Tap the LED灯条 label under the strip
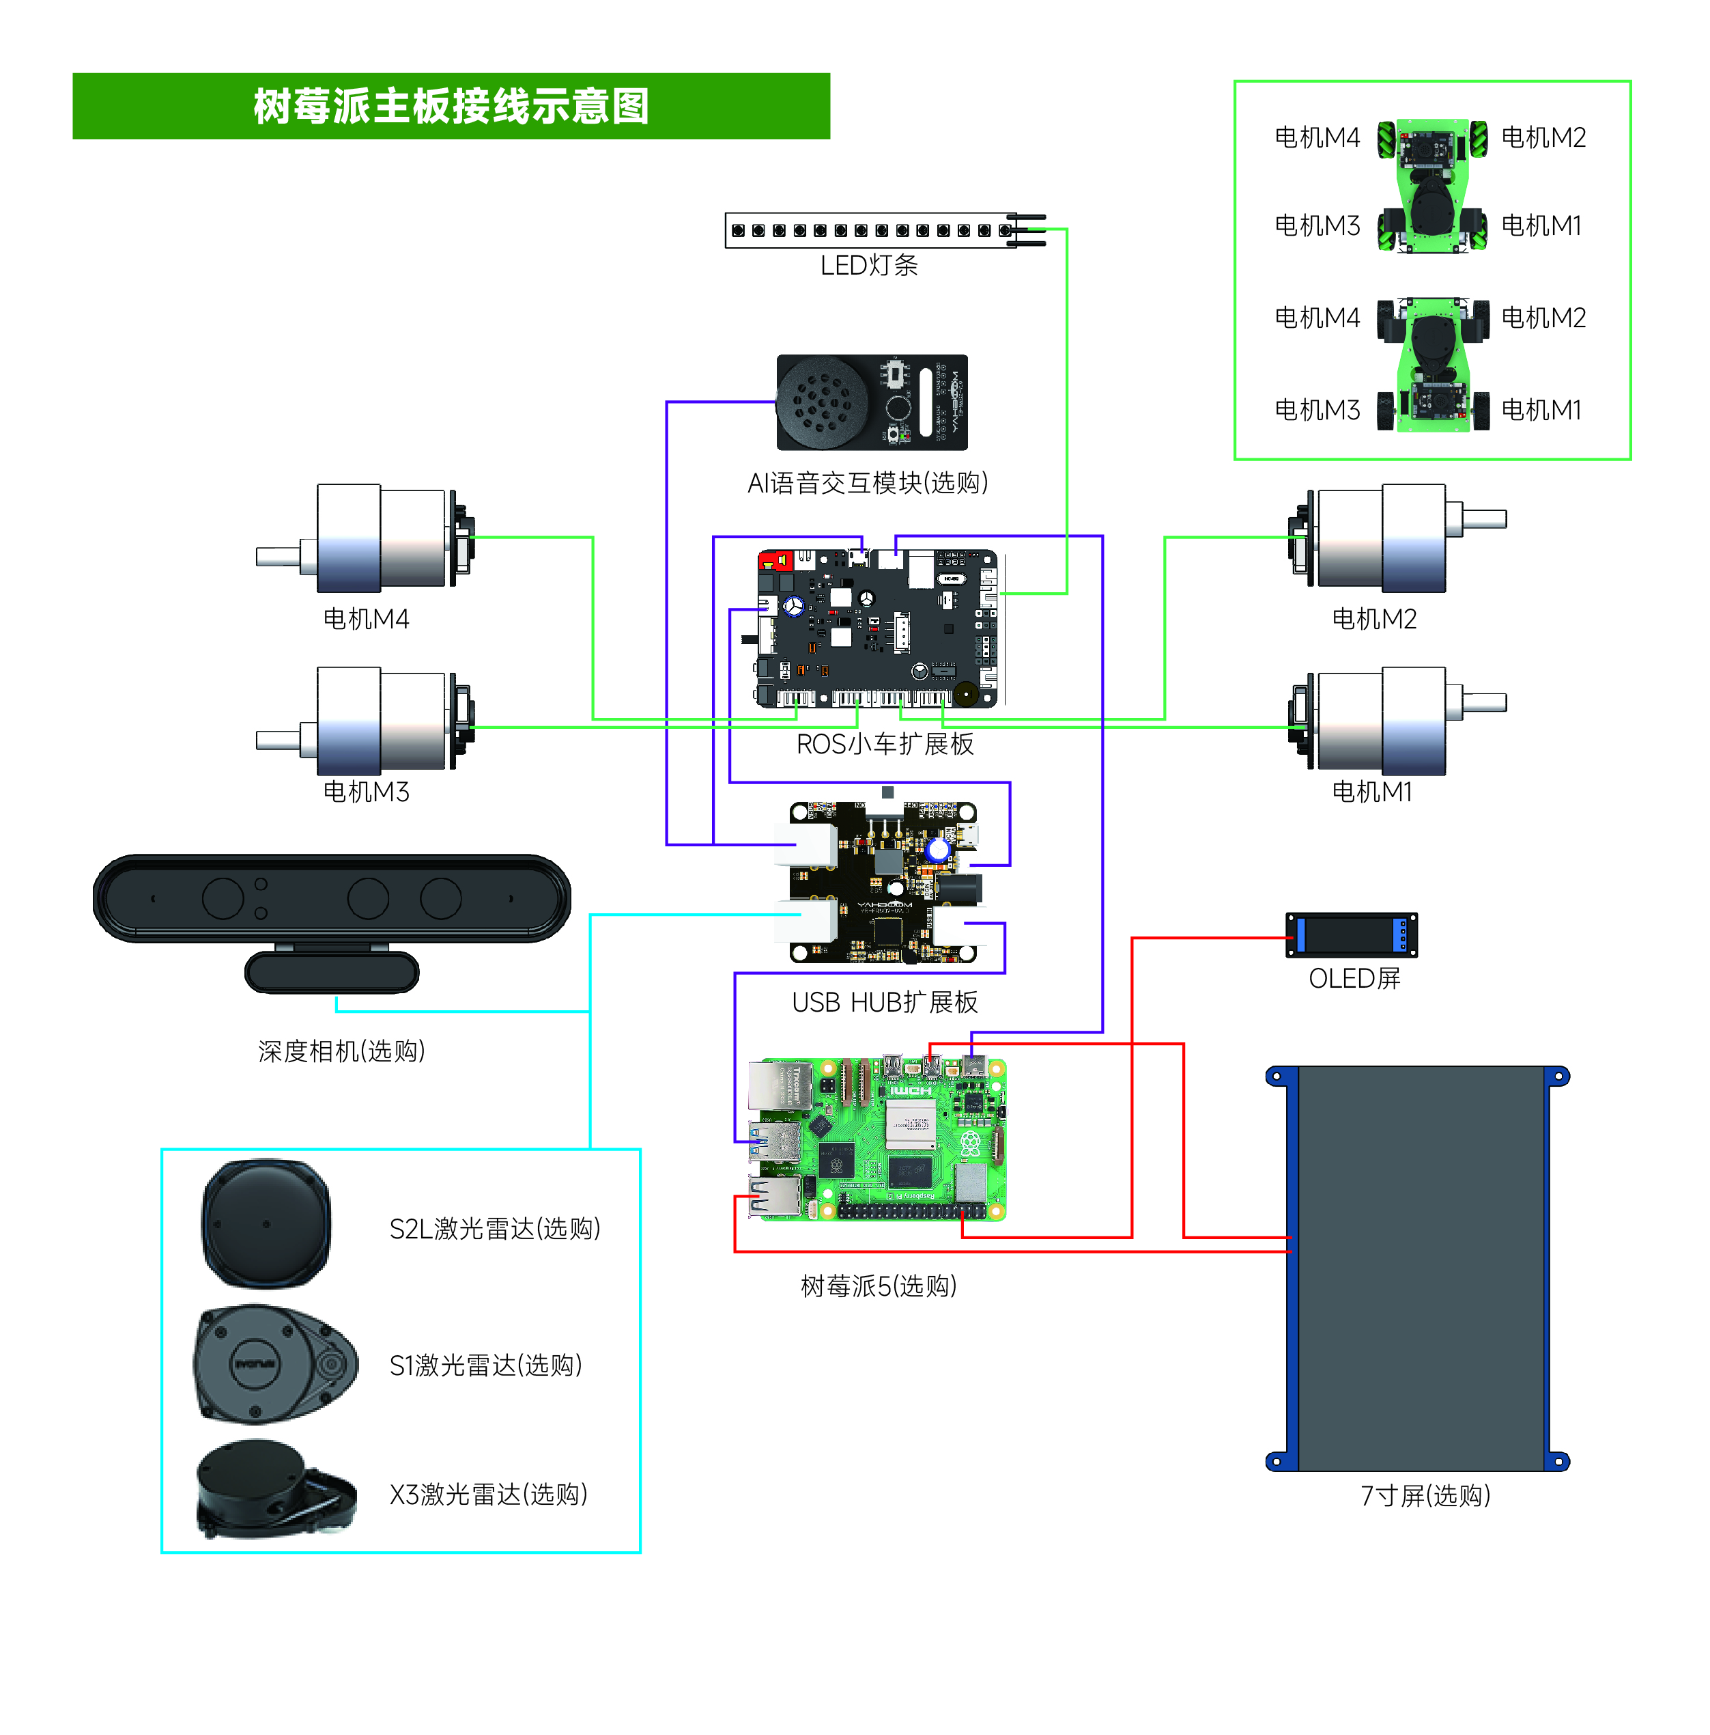click(868, 265)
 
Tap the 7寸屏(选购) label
click(1425, 1495)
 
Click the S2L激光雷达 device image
click(266, 1223)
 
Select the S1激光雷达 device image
click(274, 1363)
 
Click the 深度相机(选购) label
click(341, 1051)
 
